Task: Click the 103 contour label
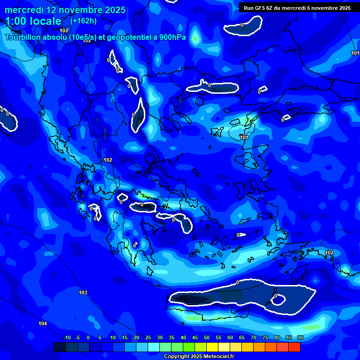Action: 83,292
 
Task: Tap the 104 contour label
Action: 43,323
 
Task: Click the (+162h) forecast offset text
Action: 83,21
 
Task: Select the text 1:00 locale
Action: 33,21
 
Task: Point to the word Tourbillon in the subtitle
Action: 23,37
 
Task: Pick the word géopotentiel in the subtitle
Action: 129,37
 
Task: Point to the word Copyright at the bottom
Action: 176,357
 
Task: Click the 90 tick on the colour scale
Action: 300,337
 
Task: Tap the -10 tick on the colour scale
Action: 67,337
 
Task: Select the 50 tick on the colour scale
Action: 207,337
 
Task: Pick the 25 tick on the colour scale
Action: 148,337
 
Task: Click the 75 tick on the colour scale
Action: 265,337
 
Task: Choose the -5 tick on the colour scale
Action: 77,337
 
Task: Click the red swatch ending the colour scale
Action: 294,347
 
